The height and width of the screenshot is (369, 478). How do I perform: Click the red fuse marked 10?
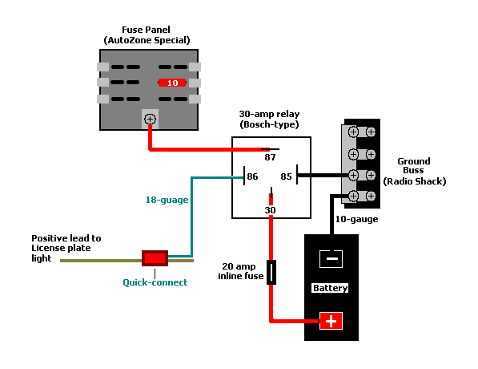172,82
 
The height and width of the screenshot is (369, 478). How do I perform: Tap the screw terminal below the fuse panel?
150,120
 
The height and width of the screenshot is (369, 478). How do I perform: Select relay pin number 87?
270,157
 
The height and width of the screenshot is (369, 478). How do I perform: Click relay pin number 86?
251,176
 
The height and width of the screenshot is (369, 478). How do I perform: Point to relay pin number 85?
286,176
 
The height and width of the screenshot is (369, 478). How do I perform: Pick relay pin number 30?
271,210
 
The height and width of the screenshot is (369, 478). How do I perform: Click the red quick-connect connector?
155,258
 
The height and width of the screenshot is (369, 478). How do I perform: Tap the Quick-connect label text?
155,282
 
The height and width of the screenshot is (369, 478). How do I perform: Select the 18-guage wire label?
167,199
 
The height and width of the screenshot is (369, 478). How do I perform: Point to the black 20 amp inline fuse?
271,273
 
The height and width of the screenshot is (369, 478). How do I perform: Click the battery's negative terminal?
331,258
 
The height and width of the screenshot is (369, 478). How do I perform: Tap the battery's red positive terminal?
331,321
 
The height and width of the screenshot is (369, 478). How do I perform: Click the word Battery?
331,288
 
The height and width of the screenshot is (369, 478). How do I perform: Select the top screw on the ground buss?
352,132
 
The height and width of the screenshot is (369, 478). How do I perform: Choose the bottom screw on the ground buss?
352,196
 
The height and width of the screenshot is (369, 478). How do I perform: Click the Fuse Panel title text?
147,34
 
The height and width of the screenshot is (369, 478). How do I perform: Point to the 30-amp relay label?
269,120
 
